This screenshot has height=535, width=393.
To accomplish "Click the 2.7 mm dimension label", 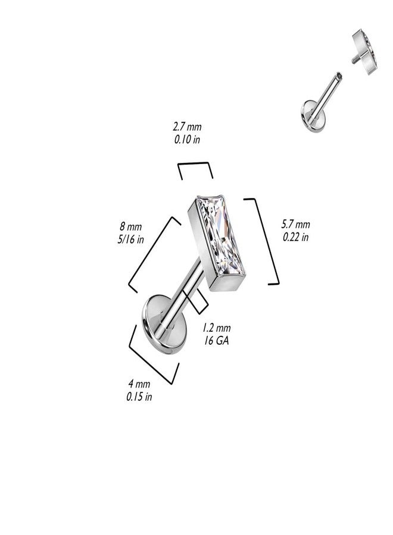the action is (188, 127).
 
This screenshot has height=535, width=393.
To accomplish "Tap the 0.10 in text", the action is (188, 140).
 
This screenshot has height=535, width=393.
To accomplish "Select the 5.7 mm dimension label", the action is (295, 224).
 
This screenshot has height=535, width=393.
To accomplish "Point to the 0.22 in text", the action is (295, 237).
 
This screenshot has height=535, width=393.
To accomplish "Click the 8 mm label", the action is (130, 226).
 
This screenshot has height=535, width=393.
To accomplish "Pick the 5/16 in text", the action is (130, 239).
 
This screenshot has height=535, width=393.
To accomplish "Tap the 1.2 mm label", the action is (216, 328).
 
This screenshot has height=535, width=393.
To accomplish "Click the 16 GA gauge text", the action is (216, 341).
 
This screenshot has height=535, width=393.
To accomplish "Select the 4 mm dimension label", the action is (139, 384).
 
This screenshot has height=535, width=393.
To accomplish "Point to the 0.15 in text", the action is (139, 396).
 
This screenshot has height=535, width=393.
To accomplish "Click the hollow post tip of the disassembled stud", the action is (338, 75).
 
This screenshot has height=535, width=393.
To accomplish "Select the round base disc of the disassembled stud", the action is (311, 115).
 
